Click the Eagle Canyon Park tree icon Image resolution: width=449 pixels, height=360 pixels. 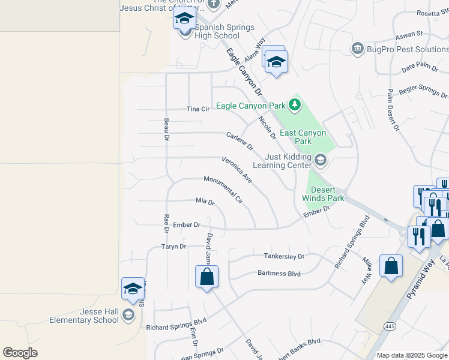pyautogui.click(x=294, y=106)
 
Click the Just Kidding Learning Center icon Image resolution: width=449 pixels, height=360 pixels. pyautogui.click(x=320, y=160)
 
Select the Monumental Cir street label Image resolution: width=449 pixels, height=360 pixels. pyautogui.click(x=223, y=188)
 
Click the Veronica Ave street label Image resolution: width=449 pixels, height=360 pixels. pyautogui.click(x=237, y=169)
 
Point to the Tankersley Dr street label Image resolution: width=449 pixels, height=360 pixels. pyautogui.click(x=285, y=256)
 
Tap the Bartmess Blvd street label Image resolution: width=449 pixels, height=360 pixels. pyautogui.click(x=279, y=273)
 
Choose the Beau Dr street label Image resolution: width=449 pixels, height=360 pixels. pyautogui.click(x=166, y=129)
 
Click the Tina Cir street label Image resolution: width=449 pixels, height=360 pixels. pyautogui.click(x=197, y=109)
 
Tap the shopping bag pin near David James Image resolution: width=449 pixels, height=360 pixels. pyautogui.click(x=206, y=277)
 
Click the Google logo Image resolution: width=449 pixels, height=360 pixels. pyautogui.click(x=20, y=353)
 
